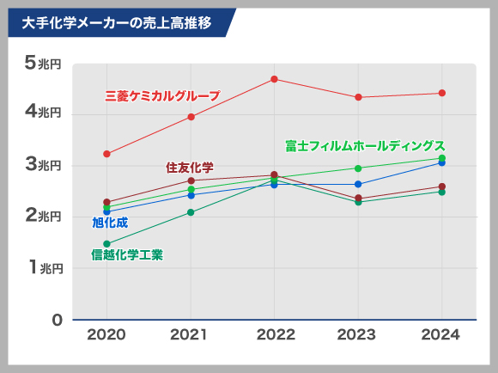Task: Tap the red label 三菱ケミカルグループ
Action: pyautogui.click(x=162, y=96)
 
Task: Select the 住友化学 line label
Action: pyautogui.click(x=190, y=166)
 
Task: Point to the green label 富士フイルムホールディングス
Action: pyautogui.click(x=365, y=145)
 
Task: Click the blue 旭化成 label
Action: pyautogui.click(x=110, y=223)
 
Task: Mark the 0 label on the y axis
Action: pyautogui.click(x=57, y=320)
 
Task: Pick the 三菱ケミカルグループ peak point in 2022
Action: pyautogui.click(x=274, y=79)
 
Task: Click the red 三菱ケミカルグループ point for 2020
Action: pyautogui.click(x=106, y=154)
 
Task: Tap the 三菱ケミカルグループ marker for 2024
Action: pyautogui.click(x=441, y=93)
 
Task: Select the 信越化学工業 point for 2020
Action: pyautogui.click(x=106, y=244)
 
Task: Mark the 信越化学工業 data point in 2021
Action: pyautogui.click(x=191, y=212)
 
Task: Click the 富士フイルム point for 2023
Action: pyautogui.click(x=358, y=168)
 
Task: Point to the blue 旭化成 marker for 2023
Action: pyautogui.click(x=358, y=184)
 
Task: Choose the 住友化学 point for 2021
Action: pyautogui.click(x=191, y=180)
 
